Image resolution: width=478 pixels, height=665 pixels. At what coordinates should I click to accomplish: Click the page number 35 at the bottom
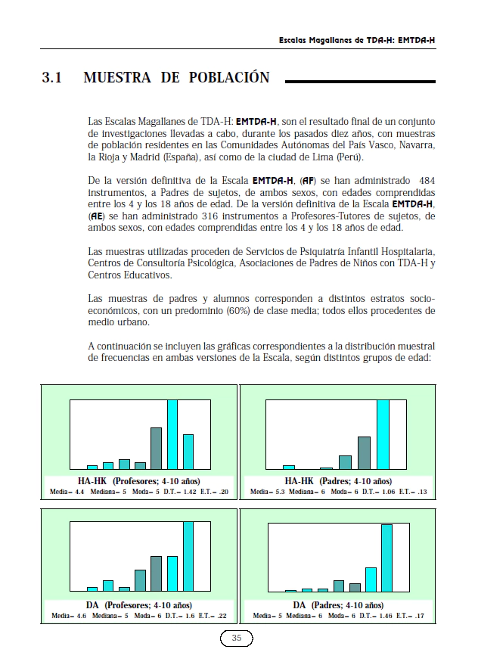point(236,639)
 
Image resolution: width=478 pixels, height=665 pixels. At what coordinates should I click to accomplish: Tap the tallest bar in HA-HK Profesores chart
point(172,434)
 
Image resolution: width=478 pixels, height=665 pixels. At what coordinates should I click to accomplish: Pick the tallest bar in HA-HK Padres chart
point(383,434)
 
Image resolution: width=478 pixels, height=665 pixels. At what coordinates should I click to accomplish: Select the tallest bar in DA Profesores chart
point(188,556)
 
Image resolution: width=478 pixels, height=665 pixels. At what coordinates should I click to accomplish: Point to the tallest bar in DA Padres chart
point(386,558)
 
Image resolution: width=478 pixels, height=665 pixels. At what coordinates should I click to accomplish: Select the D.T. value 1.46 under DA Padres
point(386,617)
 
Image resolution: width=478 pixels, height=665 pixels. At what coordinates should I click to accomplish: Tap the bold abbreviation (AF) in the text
point(309,181)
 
